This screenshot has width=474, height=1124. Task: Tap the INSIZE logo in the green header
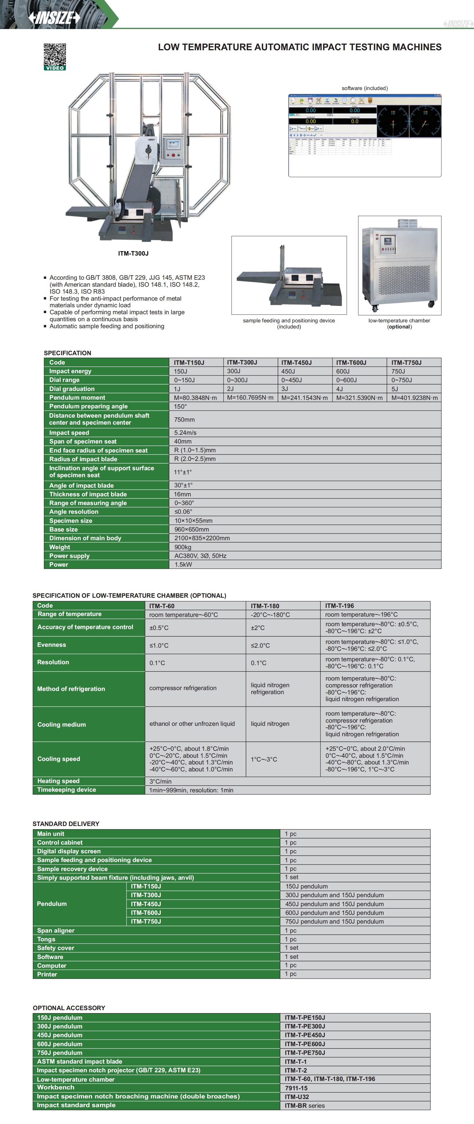[x=55, y=17]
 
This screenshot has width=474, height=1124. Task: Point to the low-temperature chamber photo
[x=399, y=265]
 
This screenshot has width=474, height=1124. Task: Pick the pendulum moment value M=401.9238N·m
[x=414, y=398]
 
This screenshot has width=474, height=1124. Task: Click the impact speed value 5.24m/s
[x=186, y=432]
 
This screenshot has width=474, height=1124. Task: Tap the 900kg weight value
[x=183, y=547]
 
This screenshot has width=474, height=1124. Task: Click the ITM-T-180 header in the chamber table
[x=265, y=606]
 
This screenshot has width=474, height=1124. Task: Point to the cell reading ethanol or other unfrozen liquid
[x=192, y=723]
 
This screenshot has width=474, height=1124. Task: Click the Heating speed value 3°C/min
[x=161, y=781]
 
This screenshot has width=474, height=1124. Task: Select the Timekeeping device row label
[x=66, y=790]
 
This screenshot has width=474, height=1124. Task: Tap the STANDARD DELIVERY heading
[x=66, y=824]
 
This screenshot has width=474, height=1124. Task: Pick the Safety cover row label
[x=55, y=948]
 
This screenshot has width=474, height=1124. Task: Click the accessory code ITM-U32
[x=297, y=1096]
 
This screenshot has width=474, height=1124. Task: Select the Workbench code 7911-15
[x=296, y=1088]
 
